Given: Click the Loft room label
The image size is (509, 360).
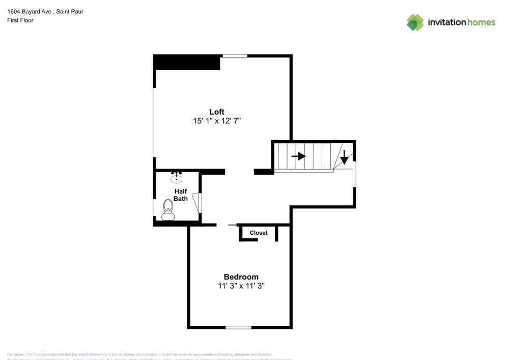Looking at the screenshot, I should [x=217, y=112].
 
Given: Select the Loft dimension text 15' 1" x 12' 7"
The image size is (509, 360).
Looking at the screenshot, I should [x=217, y=121].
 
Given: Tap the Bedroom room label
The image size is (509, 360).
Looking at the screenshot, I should [x=241, y=277].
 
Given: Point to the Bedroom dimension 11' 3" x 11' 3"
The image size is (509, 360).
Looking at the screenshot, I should [x=241, y=286].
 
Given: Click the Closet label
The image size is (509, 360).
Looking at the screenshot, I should [x=259, y=233].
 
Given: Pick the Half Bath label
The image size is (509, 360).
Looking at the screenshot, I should [x=181, y=195].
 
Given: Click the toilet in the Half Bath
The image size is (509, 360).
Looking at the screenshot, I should [x=168, y=210].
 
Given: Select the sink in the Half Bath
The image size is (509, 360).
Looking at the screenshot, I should [x=177, y=178].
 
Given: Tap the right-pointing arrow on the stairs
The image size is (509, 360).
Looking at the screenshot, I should [x=299, y=156].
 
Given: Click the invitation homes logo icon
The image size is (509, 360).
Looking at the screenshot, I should [x=415, y=22].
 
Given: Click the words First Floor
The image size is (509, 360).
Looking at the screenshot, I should [x=20, y=20].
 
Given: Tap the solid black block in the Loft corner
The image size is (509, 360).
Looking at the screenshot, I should [x=187, y=62].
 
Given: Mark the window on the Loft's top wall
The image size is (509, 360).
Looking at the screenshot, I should [x=235, y=56].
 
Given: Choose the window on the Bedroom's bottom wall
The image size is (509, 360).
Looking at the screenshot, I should [x=239, y=327].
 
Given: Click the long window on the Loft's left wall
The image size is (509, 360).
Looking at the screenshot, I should [x=155, y=122].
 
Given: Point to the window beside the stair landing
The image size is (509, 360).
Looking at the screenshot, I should [x=355, y=174].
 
